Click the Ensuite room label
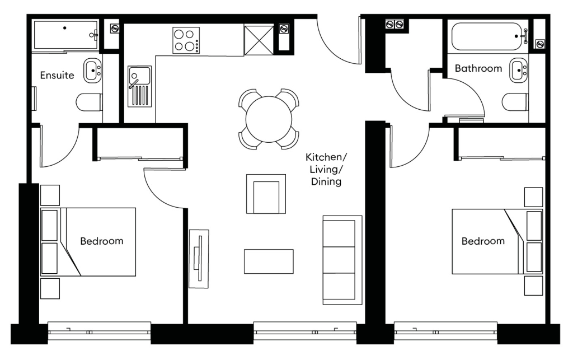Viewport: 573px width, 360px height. click(x=57, y=75)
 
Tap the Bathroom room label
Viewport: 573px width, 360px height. click(x=478, y=68)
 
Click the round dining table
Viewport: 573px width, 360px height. click(x=269, y=119)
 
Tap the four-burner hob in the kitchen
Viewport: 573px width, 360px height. click(x=186, y=40)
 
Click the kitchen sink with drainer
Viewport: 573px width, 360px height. click(x=139, y=86)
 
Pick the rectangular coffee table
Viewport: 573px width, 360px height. click(x=269, y=261)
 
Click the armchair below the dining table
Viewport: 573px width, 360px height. click(x=266, y=194)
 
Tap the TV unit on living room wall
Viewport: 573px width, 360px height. click(x=199, y=259)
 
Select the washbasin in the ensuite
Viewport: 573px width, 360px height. click(x=92, y=70)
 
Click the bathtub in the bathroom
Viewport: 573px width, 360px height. click(x=489, y=37)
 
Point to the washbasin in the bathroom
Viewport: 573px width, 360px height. click(x=519, y=70)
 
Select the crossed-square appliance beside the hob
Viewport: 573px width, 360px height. click(x=259, y=40)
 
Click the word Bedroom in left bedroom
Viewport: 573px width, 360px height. click(x=101, y=241)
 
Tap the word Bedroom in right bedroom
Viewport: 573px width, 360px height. click(x=482, y=241)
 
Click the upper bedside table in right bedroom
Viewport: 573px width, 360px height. click(x=533, y=197)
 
